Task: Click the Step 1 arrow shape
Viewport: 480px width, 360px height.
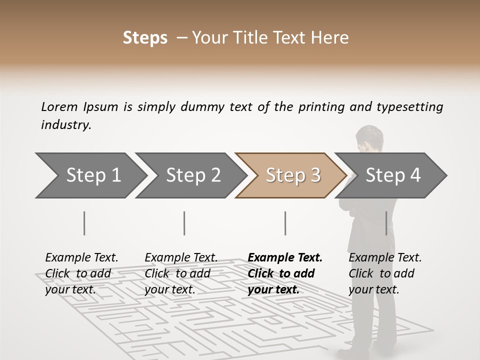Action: [x=90, y=175]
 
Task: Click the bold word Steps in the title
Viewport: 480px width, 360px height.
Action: [x=145, y=38]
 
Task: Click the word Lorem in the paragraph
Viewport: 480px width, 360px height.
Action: [x=59, y=106]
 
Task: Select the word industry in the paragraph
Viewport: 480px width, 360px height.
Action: [x=65, y=125]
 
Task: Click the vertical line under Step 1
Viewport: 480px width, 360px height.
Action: [x=84, y=223]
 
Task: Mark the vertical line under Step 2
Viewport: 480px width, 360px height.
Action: [x=184, y=223]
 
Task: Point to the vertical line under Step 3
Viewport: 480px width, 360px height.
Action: [x=285, y=223]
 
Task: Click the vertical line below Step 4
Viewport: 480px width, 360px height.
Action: [x=386, y=223]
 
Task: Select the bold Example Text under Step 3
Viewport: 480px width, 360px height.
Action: [x=285, y=258]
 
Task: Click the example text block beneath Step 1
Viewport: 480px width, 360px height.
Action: [x=81, y=273]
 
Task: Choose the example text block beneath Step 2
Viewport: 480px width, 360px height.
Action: [x=181, y=273]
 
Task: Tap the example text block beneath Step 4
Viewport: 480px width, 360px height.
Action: [x=385, y=273]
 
